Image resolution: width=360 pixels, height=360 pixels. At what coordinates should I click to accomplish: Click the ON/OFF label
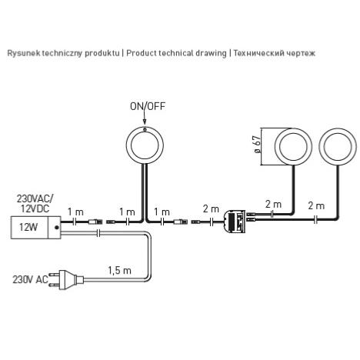(148, 106)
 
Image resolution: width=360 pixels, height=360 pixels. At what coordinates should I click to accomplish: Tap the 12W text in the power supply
(28, 227)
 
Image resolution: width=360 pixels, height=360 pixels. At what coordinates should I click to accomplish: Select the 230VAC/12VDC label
(35, 204)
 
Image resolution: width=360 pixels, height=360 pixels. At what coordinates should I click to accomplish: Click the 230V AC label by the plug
(31, 279)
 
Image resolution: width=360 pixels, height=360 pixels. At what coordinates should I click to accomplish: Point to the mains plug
(67, 279)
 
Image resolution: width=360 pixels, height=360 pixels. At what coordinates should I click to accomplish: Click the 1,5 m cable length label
(119, 270)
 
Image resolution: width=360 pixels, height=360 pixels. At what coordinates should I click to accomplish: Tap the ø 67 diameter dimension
(257, 145)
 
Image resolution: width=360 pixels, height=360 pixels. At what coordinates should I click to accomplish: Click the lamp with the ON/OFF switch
(145, 145)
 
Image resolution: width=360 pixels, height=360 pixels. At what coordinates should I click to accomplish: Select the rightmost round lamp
(338, 146)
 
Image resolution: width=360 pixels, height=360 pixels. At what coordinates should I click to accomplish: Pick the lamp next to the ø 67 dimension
(293, 146)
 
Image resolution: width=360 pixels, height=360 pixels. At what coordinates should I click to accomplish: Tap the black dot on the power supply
(57, 228)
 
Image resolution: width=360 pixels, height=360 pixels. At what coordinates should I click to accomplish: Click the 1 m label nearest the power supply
(75, 212)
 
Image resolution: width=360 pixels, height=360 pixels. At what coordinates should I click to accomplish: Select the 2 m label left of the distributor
(211, 209)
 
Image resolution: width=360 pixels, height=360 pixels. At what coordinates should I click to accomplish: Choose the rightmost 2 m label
(316, 205)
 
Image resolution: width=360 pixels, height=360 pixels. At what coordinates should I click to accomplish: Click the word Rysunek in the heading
(23, 53)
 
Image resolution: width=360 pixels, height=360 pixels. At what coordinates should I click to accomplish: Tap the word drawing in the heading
(211, 53)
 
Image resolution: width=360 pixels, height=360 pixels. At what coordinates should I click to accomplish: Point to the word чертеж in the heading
(301, 53)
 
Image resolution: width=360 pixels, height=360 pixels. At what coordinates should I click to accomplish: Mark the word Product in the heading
(142, 53)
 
